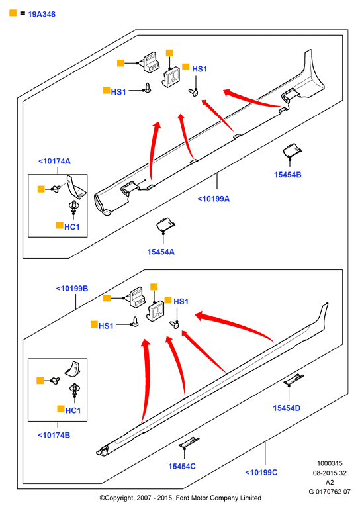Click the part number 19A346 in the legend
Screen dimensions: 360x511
coord(42,14)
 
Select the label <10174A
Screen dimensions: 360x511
coord(54,161)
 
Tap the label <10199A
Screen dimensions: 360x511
coord(213,199)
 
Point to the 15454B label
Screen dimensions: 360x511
coord(288,175)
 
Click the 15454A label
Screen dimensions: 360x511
coord(161,252)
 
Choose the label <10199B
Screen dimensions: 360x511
coord(72,289)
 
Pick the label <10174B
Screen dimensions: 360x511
coord(54,435)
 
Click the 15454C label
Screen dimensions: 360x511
coord(182,467)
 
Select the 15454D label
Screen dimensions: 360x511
coord(287,408)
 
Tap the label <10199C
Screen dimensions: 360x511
coord(261,472)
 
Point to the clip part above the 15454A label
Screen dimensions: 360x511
coord(165,224)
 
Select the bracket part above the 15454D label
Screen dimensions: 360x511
coord(294,379)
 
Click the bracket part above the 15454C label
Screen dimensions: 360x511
coord(189,442)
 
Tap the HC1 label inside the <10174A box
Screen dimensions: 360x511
coord(72,227)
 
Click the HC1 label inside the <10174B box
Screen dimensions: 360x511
coord(73,410)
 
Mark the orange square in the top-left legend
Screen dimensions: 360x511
coord(13,13)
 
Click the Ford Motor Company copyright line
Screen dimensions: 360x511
coord(181,498)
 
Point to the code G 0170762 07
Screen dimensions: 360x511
coord(330,491)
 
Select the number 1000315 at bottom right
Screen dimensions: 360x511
coord(330,463)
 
